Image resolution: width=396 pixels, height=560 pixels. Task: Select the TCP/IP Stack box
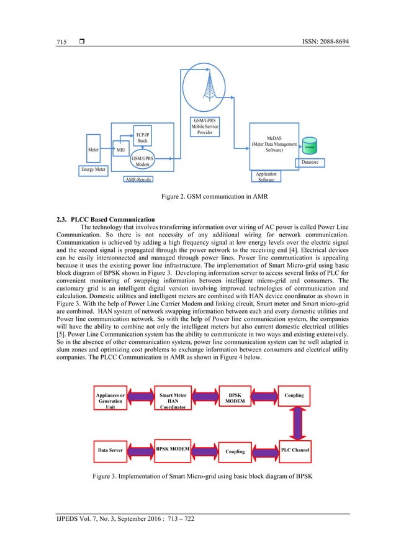142,137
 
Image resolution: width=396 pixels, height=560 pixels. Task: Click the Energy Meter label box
93,169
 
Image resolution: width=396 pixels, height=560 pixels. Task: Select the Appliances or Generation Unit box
110,400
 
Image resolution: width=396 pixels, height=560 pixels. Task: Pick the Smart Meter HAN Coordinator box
173,400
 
